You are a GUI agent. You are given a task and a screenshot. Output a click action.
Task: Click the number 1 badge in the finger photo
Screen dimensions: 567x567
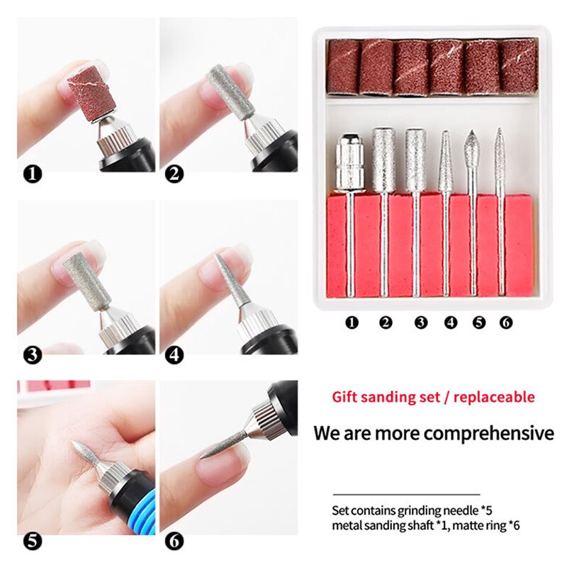pyautogui.click(x=33, y=173)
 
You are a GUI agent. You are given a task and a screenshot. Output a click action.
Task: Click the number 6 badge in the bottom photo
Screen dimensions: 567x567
pyautogui.click(x=174, y=541)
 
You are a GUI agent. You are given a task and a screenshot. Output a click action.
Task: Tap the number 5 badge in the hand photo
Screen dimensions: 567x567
pyautogui.click(x=33, y=541)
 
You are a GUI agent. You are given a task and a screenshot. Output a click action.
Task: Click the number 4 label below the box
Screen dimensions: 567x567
pyautogui.click(x=451, y=322)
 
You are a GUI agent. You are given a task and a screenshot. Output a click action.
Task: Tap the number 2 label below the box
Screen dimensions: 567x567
pyautogui.click(x=386, y=322)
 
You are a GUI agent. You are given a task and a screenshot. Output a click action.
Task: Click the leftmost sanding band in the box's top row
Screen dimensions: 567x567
pyautogui.click(x=344, y=67)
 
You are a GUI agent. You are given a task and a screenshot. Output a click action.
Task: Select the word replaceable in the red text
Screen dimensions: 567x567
pyautogui.click(x=493, y=397)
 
